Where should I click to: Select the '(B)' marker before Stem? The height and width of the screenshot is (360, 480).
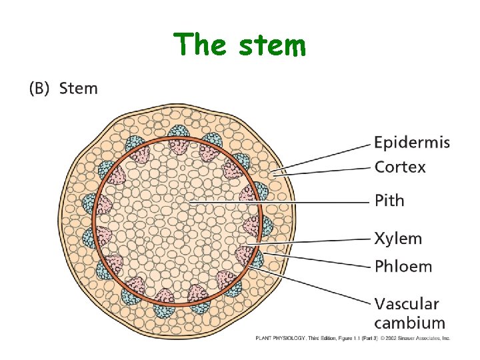[40, 89]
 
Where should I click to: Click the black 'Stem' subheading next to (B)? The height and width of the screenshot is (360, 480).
[78, 88]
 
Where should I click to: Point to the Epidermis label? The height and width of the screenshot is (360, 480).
[411, 143]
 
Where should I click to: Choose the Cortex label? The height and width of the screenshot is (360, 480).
[400, 167]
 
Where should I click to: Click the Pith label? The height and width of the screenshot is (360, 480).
[389, 201]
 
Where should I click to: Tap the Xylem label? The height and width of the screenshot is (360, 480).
[398, 238]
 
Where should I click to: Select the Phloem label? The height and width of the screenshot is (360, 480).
[403, 266]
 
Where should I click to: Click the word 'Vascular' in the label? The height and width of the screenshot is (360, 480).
[406, 304]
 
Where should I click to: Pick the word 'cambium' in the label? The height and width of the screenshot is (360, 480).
[409, 323]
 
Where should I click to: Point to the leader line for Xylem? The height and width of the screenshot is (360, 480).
[313, 240]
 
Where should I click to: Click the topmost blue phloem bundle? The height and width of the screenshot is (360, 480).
[179, 133]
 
